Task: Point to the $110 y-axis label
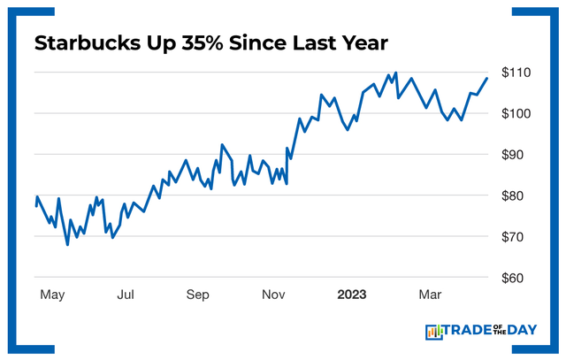coord(515,73)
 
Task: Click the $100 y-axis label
coord(515,113)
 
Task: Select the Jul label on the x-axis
coord(126,294)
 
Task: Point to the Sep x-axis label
coord(198,294)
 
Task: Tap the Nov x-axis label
coord(273,294)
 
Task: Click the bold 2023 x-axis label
coord(353,294)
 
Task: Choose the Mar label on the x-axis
coord(431,294)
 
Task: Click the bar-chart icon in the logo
coord(433,332)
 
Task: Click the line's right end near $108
coord(486,79)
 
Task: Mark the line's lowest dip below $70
coord(68,244)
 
